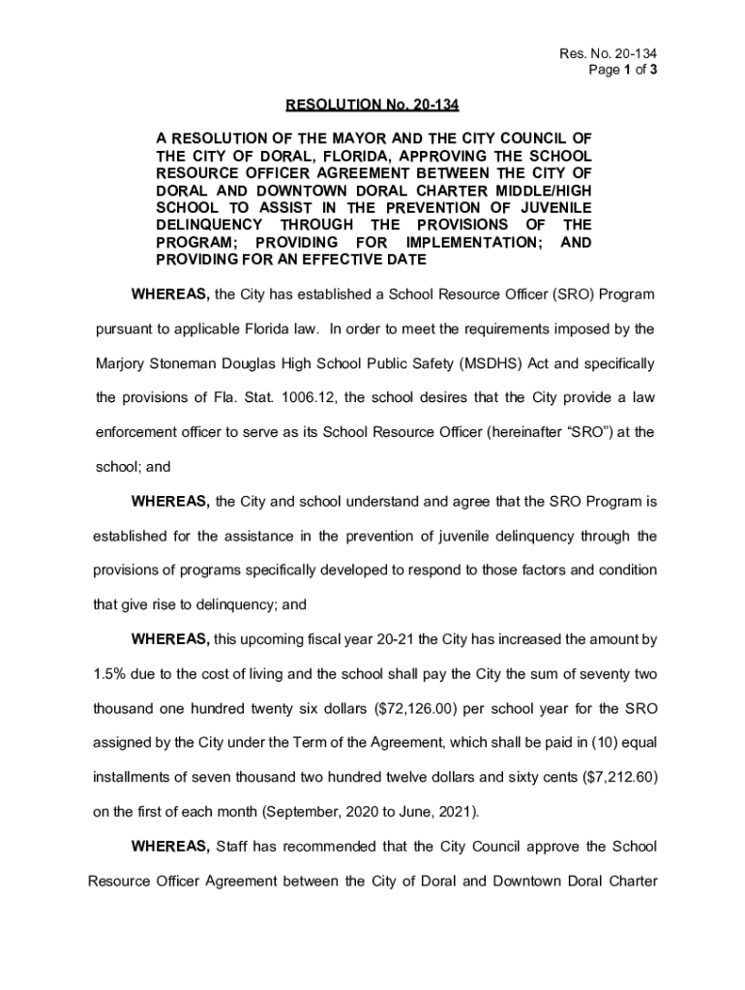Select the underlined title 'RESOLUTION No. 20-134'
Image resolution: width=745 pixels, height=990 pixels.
coord(372,104)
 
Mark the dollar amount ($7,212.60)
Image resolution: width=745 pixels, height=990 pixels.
coord(613,776)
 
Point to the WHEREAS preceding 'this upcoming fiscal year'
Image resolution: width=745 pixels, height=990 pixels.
coord(169,639)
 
